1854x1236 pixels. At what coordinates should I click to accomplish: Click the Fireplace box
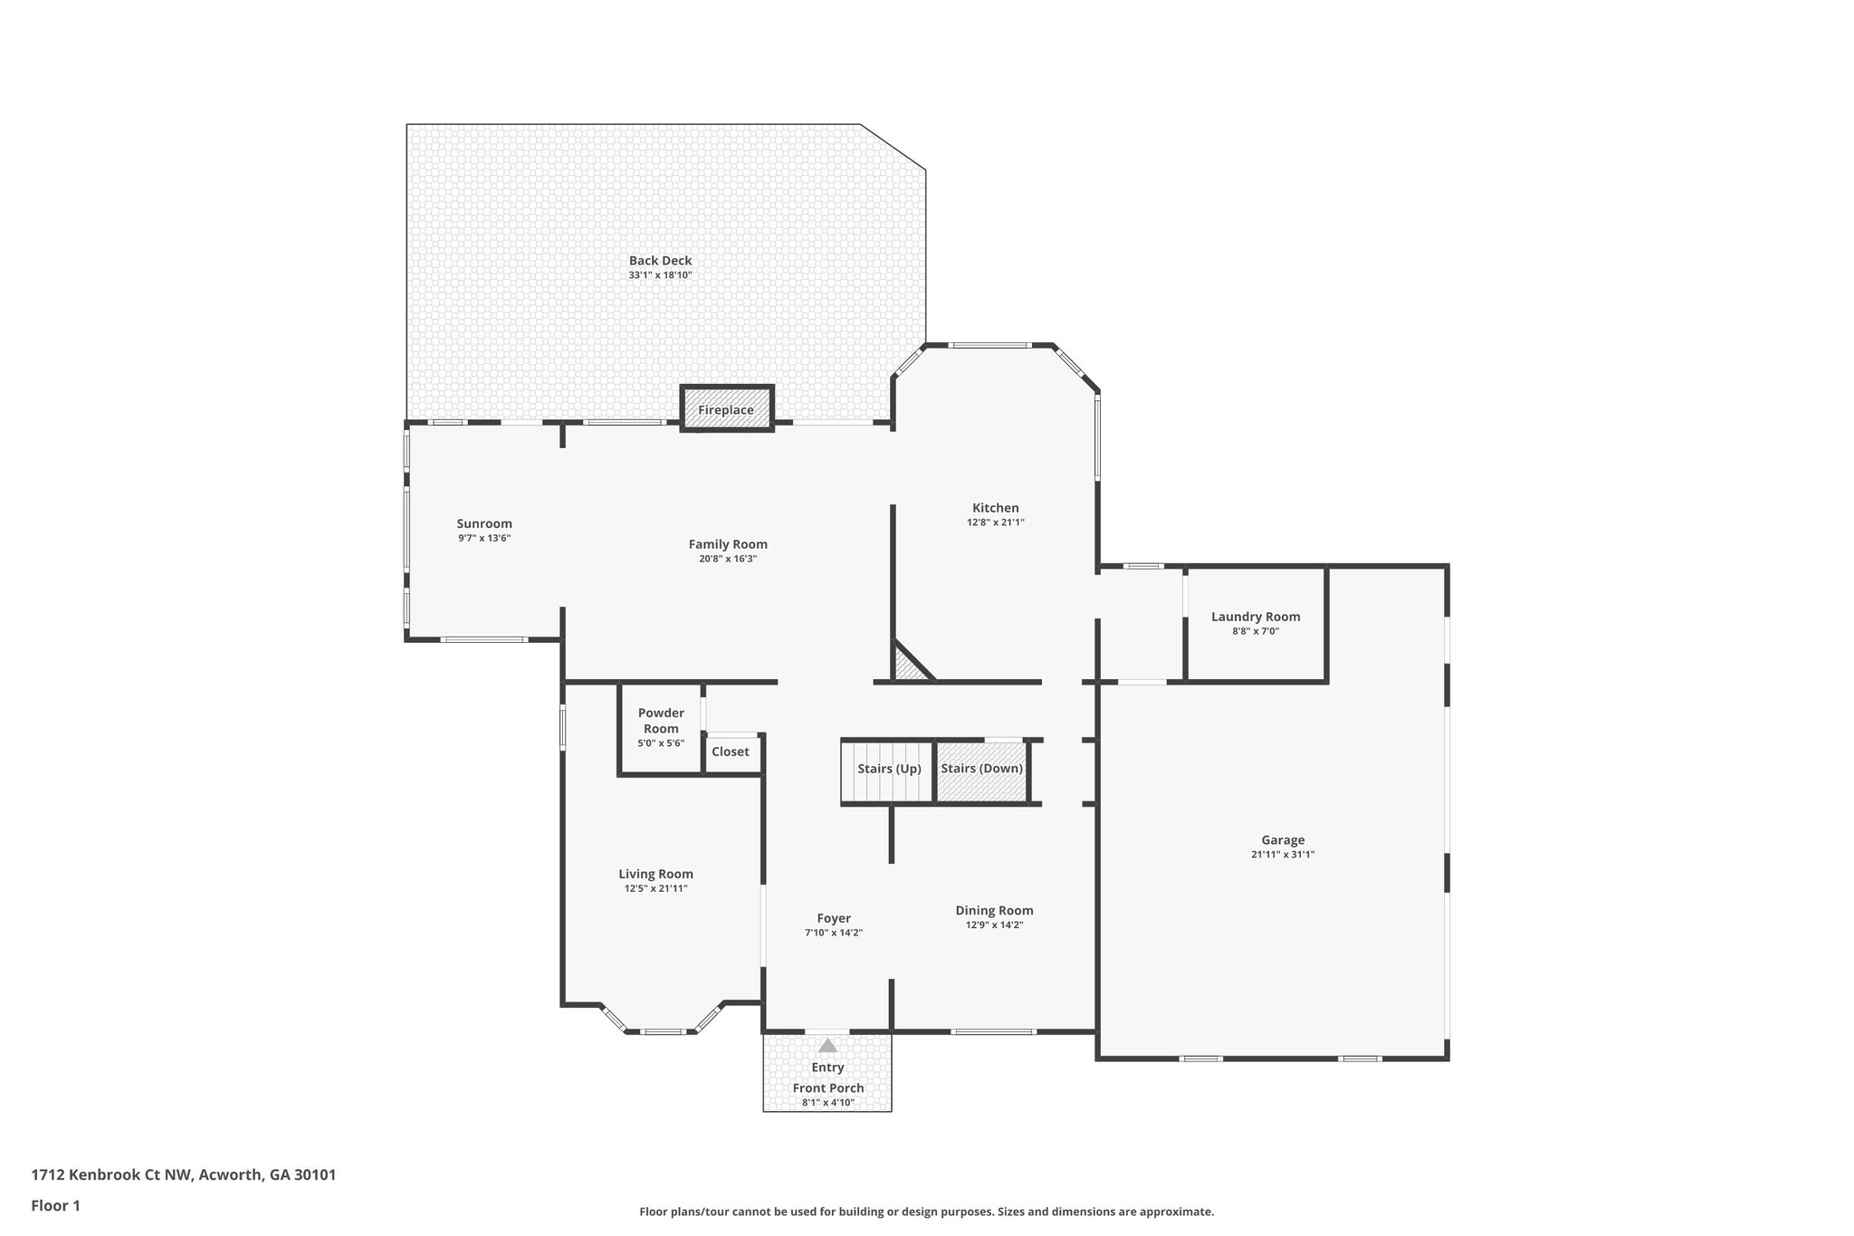click(x=726, y=409)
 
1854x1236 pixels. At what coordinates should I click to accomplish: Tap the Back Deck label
click(x=660, y=261)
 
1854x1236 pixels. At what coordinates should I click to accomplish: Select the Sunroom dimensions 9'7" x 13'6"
click(x=484, y=538)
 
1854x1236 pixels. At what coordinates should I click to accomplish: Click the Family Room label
click(x=728, y=544)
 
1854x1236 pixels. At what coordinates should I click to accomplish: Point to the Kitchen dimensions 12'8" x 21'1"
click(x=995, y=522)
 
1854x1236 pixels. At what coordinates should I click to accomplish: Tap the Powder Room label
click(x=661, y=720)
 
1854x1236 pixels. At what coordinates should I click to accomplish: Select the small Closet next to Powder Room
click(x=731, y=752)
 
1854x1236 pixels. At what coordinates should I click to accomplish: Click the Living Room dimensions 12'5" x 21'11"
click(x=655, y=888)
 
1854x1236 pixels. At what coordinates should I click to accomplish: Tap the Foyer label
click(x=834, y=918)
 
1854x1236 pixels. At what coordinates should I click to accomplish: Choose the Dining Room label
click(x=994, y=911)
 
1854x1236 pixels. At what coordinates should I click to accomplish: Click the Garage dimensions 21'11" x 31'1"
click(x=1283, y=854)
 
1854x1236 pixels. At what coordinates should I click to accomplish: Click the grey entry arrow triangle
click(x=827, y=1046)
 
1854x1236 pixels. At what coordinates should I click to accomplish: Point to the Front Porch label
click(x=828, y=1088)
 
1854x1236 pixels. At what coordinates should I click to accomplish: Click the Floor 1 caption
click(x=56, y=1205)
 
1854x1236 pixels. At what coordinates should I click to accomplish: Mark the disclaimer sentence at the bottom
click(x=926, y=1212)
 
